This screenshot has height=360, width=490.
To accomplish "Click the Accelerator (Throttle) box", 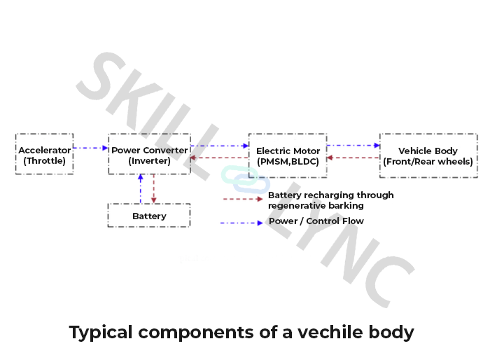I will pyautogui.click(x=44, y=155).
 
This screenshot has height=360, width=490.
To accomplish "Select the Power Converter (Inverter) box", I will pyautogui.click(x=149, y=155).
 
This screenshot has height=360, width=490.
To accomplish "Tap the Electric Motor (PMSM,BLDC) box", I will pyautogui.click(x=288, y=155).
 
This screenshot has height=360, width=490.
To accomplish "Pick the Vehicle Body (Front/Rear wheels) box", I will pyautogui.click(x=428, y=155).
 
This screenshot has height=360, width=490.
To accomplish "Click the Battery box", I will pyautogui.click(x=149, y=216).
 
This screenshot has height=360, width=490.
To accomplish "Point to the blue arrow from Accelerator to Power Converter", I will pyautogui.click(x=90, y=148).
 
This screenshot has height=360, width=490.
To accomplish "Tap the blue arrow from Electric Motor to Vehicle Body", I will pyautogui.click(x=353, y=146).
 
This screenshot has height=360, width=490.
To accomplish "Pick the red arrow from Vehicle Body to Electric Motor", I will pyautogui.click(x=353, y=158).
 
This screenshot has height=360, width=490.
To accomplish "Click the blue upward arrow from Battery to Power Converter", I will pyautogui.click(x=140, y=188).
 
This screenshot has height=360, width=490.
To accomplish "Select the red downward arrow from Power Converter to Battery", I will pyautogui.click(x=154, y=188).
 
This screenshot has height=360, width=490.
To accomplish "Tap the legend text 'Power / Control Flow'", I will pyautogui.click(x=316, y=221).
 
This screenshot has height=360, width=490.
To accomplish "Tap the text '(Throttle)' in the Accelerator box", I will pyautogui.click(x=44, y=161).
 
